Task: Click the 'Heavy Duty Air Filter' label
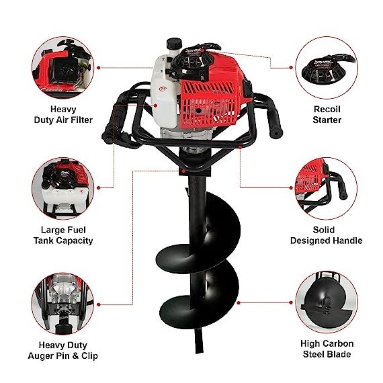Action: pos(63,114)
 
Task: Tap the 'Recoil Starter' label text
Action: pos(327,114)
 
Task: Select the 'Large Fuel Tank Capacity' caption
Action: pos(63,235)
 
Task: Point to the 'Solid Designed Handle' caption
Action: pos(327,235)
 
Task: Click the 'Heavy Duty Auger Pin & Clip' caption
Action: pos(63,350)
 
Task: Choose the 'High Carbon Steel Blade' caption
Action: pos(327,349)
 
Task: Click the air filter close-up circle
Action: pos(63,68)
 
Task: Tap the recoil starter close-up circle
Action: pos(327,68)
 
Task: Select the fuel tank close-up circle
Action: pos(63,188)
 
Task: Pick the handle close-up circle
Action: pos(327,188)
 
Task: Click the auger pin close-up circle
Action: pos(62,304)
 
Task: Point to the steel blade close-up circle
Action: pos(327,302)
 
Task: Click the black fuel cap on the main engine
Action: pos(175,44)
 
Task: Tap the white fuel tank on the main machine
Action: pos(163,91)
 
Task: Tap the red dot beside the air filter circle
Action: pos(99,68)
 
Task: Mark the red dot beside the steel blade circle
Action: pos(291,302)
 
